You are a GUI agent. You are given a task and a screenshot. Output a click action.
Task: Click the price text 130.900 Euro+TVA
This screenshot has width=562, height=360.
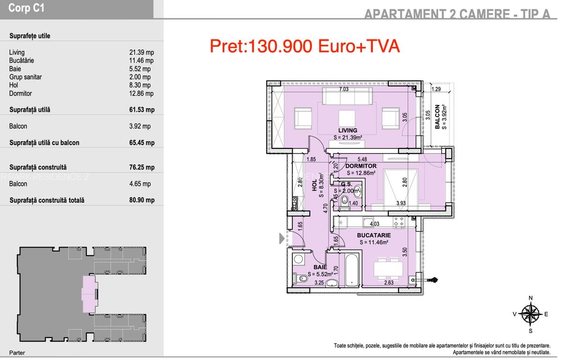tap(304, 46)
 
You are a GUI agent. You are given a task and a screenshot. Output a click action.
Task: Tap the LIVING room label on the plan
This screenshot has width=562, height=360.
tap(348, 130)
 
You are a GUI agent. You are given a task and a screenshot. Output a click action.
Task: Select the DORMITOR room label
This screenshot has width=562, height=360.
tap(361, 166)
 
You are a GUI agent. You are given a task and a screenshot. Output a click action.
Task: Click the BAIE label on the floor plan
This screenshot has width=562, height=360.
tap(320, 267)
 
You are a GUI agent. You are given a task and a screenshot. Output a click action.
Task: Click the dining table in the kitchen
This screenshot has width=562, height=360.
tap(388, 268)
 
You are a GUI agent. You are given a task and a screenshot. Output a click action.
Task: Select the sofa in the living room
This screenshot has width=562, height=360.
tap(347, 97)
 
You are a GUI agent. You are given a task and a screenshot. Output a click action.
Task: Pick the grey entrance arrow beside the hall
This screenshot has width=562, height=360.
tap(282, 239)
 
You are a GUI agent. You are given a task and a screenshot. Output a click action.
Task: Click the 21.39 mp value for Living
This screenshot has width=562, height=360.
tap(141, 52)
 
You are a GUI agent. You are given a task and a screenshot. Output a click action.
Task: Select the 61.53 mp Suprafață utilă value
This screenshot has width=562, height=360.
tap(141, 110)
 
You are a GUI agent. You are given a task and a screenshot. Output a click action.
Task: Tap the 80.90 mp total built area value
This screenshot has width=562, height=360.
tap(141, 200)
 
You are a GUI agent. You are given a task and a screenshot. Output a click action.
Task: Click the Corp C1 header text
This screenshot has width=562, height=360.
tap(27, 8)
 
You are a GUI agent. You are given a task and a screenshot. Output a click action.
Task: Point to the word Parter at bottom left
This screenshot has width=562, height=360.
tap(17, 353)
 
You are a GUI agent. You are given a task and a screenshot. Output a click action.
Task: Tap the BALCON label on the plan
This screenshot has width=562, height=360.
tap(437, 117)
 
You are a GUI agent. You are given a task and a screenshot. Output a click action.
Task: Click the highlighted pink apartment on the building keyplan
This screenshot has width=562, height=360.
tap(89, 294)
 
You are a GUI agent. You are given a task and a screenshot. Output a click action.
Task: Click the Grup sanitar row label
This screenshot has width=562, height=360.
tap(25, 77)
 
